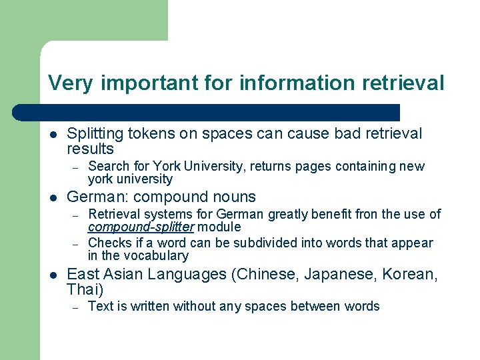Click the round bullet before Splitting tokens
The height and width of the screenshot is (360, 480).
pyautogui.click(x=53, y=134)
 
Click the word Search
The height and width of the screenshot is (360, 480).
pyautogui.click(x=107, y=166)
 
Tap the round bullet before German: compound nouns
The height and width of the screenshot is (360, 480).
pyautogui.click(x=53, y=197)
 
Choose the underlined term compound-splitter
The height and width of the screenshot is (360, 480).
pyautogui.click(x=141, y=227)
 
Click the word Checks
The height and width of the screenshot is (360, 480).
pyautogui.click(x=107, y=243)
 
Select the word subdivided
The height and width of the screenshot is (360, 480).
pyautogui.click(x=255, y=243)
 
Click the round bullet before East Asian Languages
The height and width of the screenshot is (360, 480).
pyautogui.click(x=53, y=274)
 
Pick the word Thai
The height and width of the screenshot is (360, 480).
pyautogui.click(x=83, y=289)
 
